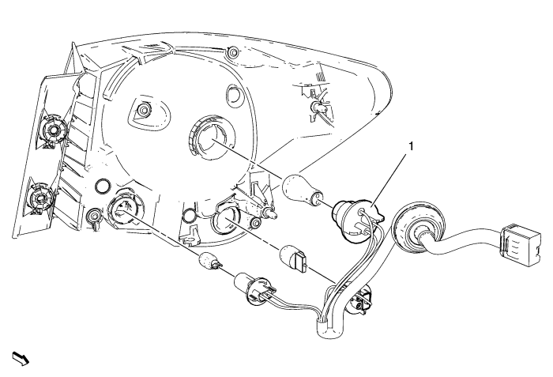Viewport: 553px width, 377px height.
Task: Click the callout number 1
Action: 410,146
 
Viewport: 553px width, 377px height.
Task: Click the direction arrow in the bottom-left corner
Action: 21,358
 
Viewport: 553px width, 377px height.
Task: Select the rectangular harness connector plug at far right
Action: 520,245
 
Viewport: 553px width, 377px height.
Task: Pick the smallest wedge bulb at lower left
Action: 211,263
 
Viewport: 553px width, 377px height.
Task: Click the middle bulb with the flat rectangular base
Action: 294,260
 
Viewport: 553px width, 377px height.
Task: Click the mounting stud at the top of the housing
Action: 233,52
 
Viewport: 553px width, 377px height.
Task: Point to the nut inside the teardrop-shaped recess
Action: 144,109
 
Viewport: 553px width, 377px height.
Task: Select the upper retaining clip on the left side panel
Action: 53,130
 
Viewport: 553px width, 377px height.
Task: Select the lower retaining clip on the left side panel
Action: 42,198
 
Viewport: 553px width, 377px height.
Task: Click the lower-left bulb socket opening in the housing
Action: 123,209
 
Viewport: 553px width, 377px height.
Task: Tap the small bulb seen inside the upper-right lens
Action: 317,107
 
